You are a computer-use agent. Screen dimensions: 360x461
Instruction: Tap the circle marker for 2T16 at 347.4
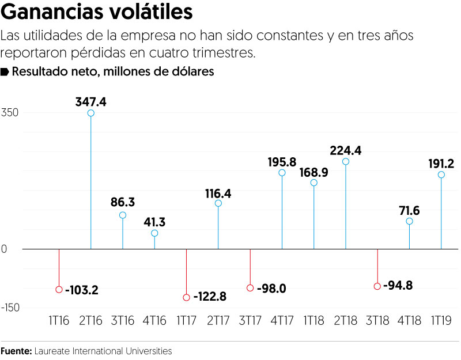[91, 113]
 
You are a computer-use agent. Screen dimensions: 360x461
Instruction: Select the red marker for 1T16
[59, 289]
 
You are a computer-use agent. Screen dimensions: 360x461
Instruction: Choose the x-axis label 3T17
[250, 320]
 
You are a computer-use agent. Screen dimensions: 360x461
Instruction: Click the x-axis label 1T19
[441, 320]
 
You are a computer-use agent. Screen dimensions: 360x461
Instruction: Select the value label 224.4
[345, 151]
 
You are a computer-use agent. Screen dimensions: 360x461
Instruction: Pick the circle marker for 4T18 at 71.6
[409, 221]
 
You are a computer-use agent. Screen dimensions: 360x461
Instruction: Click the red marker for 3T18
[377, 286]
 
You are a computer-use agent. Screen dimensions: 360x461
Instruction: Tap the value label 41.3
[154, 222]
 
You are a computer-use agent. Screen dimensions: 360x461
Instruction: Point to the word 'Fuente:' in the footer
[16, 350]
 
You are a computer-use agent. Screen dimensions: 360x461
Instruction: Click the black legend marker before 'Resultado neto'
[5, 72]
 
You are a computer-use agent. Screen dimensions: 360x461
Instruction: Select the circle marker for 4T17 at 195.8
[282, 173]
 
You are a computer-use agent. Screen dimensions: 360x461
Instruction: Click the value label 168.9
[314, 172]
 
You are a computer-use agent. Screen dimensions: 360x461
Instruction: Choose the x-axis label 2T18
[346, 320]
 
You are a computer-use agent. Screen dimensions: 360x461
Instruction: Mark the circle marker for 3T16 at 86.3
[123, 215]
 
